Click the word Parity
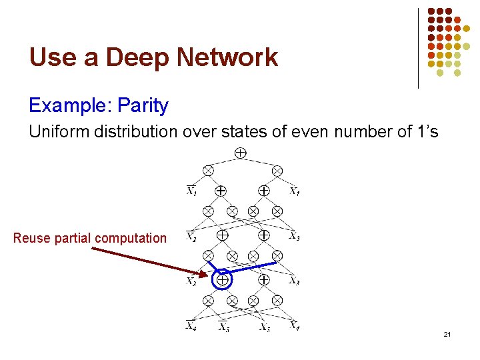[143, 105]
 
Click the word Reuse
[31, 238]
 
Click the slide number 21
[447, 334]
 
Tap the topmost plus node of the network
[241, 153]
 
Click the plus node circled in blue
[222, 281]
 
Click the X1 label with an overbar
[191, 192]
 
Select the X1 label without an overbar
[294, 192]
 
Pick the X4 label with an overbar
[191, 327]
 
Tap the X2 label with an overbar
[191, 236]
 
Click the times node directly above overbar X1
[208, 171]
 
